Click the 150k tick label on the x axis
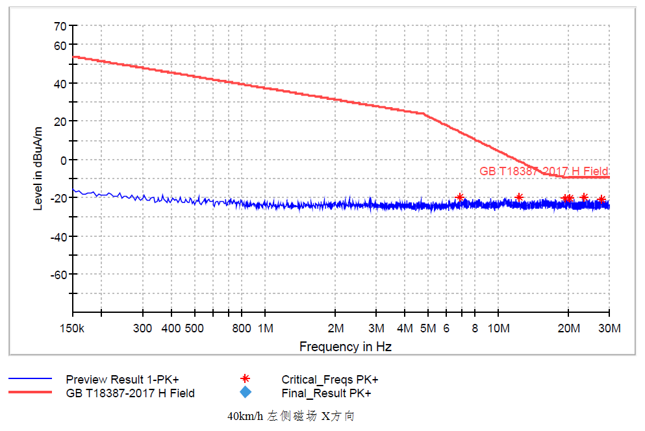73,328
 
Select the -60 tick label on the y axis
59,274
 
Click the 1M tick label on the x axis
265,328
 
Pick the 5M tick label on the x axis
427,328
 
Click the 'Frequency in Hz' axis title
345,347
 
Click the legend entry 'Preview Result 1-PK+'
122,379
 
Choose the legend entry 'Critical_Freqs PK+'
329,379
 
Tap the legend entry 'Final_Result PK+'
326,393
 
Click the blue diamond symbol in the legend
245,392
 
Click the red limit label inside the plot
544,171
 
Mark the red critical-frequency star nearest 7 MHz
460,197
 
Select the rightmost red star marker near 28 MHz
601,199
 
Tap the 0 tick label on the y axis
64,160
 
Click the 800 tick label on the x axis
241,328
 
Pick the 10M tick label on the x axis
498,328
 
